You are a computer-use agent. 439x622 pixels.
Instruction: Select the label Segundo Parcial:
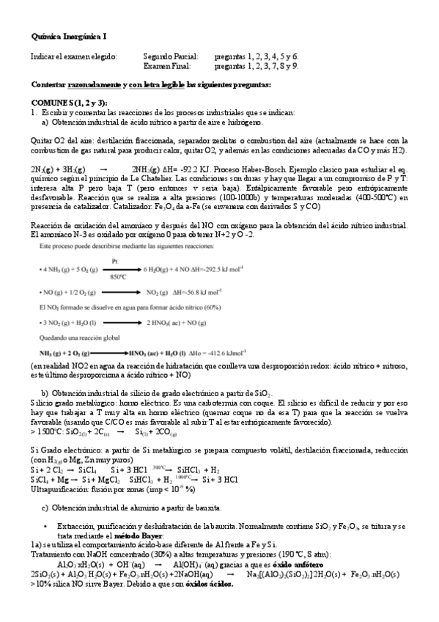tap(168, 56)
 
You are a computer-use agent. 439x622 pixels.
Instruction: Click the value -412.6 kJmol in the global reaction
tap(244, 332)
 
